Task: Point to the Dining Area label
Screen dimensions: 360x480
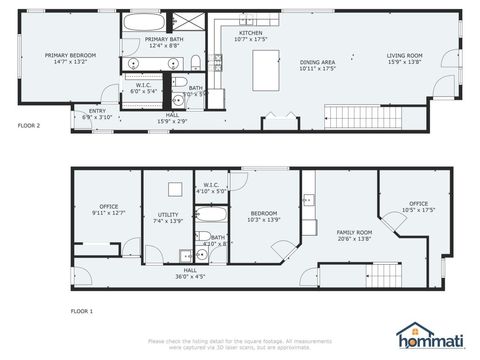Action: coord(317,65)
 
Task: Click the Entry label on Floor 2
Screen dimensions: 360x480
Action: coord(97,113)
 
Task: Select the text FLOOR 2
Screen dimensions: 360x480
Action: coord(29,127)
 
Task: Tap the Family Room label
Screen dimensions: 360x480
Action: coord(354,234)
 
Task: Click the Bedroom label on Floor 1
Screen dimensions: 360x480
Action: coord(263,215)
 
